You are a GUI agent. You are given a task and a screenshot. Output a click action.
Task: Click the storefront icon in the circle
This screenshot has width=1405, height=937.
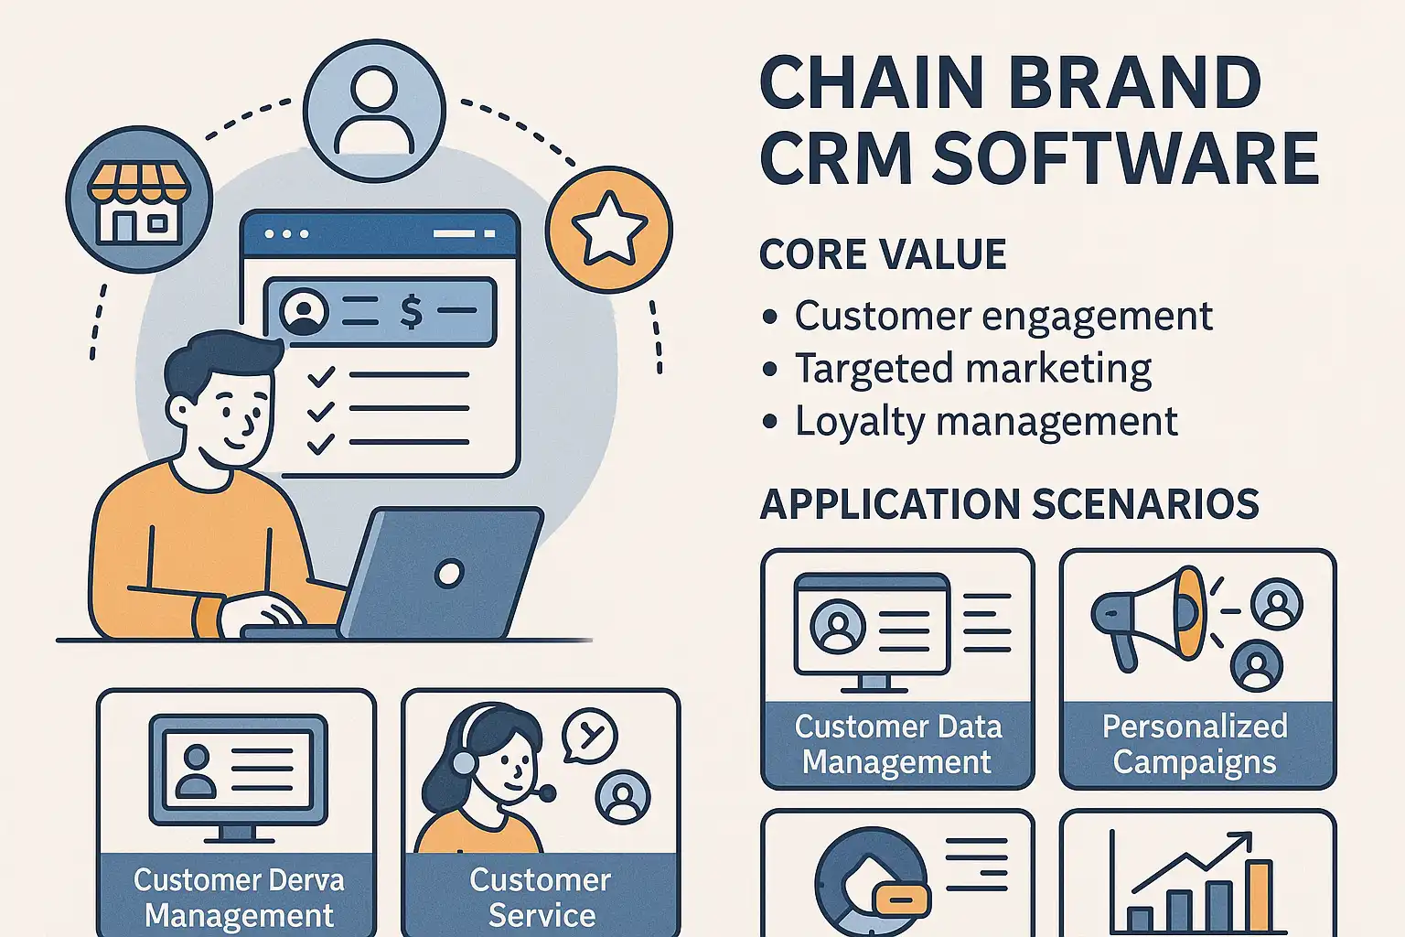coord(139,200)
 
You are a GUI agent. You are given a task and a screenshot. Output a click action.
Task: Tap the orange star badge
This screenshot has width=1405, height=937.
coord(608,229)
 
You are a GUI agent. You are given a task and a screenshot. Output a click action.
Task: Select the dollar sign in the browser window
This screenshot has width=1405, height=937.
coord(412,312)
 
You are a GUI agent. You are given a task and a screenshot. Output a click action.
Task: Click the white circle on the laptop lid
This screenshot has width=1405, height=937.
coord(449,574)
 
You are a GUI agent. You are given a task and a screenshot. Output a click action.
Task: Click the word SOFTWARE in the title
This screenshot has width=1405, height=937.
coord(1125,157)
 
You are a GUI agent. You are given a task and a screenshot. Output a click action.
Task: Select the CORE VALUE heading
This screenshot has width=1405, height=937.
coord(883,254)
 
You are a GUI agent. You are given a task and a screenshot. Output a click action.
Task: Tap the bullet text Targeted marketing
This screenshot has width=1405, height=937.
coord(972,369)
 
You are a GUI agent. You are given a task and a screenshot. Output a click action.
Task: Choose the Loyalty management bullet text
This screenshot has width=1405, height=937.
coord(985,422)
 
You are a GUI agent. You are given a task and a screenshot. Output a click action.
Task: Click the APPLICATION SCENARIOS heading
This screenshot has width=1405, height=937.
coord(1009,504)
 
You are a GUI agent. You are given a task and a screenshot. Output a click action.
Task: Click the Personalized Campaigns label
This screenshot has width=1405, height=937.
coord(1195,744)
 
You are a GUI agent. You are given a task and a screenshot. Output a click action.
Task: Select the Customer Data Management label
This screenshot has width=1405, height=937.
coord(897,744)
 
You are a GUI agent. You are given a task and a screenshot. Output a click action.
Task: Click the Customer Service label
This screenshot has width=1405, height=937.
coord(541,897)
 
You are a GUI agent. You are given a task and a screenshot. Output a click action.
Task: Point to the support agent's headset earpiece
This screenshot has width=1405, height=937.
coord(465,762)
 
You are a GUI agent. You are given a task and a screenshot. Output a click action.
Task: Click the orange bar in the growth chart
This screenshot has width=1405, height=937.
coord(1259,894)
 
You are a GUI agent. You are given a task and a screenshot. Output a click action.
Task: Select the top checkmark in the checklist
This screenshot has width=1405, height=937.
coord(320,375)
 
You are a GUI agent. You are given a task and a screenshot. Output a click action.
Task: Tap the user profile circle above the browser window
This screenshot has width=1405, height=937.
coord(374,110)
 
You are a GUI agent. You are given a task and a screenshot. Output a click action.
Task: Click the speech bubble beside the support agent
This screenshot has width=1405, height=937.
coord(590,735)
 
